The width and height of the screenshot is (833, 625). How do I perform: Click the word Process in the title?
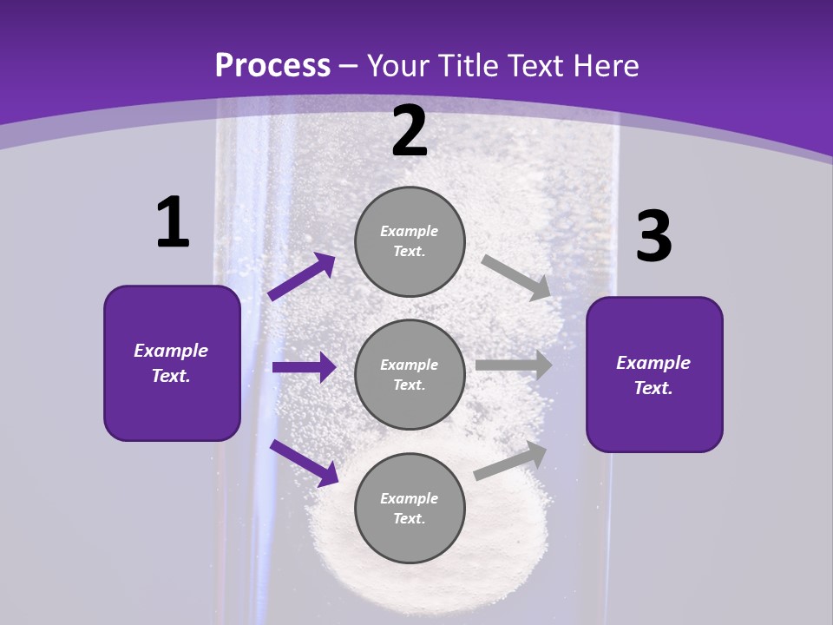(272, 66)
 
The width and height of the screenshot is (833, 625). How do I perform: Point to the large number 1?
(173, 223)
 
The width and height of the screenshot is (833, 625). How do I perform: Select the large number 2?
(410, 132)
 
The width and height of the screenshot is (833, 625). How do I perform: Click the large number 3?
(653, 237)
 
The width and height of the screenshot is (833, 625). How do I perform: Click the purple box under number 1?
(172, 363)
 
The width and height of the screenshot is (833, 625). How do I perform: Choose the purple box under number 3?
(654, 374)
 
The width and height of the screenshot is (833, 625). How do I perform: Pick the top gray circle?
(410, 241)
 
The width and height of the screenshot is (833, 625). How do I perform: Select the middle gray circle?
(410, 374)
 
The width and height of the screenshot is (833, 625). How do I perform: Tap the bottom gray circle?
(410, 508)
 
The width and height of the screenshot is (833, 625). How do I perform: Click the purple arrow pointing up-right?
(302, 277)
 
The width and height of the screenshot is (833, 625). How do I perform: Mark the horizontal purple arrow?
(304, 367)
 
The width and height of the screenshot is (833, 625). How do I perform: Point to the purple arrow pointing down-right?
(304, 463)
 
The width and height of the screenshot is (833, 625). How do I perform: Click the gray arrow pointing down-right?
(516, 277)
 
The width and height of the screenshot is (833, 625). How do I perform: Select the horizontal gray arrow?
(514, 365)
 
